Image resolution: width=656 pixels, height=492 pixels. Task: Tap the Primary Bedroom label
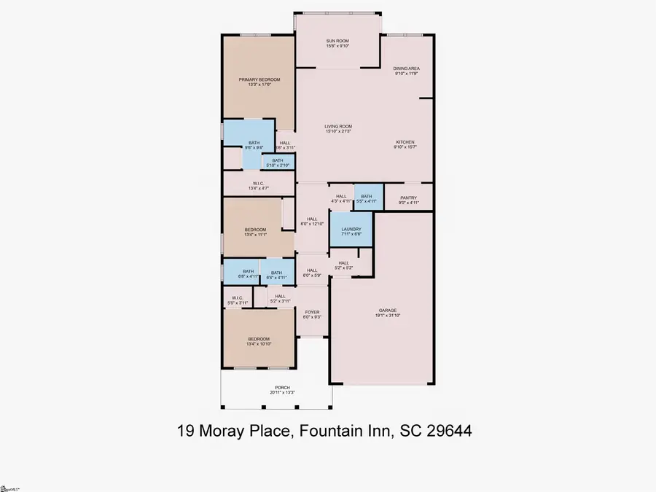tap(259, 82)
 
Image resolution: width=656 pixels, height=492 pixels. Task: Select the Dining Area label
tap(407, 71)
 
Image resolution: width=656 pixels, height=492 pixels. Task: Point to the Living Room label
tap(338, 128)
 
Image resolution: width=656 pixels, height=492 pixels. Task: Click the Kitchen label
tap(405, 144)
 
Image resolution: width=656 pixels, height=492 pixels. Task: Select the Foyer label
tap(312, 313)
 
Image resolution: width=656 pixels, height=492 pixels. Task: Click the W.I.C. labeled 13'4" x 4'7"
tap(259, 185)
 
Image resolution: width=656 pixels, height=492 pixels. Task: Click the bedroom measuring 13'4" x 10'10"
tap(259, 341)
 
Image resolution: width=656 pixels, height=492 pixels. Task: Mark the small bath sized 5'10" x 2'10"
tap(278, 162)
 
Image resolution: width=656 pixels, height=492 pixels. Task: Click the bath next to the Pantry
tap(366, 198)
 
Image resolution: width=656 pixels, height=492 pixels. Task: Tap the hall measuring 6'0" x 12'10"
tap(312, 220)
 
